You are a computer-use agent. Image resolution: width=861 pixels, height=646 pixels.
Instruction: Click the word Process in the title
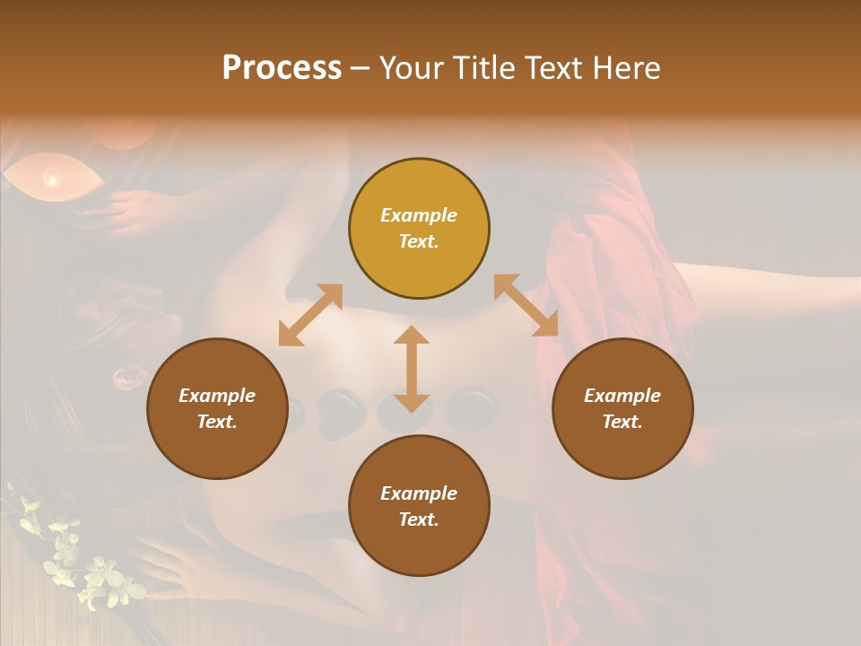click(x=282, y=68)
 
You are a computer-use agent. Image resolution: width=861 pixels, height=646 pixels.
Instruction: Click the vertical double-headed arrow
click(x=412, y=369)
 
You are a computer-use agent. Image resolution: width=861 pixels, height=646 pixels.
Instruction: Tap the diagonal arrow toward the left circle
click(x=310, y=315)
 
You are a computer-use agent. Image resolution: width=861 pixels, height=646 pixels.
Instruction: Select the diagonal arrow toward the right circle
click(x=526, y=305)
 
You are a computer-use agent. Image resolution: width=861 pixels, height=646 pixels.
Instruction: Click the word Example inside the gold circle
click(x=419, y=215)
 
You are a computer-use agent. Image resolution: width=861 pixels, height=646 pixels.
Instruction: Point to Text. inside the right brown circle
click(x=622, y=422)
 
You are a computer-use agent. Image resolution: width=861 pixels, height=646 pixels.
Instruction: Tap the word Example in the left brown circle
click(x=217, y=396)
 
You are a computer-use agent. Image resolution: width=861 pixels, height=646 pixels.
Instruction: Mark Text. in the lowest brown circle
click(x=419, y=519)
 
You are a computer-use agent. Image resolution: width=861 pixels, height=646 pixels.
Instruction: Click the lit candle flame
click(x=52, y=179)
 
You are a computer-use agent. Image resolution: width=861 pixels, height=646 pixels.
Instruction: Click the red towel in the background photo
click(x=610, y=269)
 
